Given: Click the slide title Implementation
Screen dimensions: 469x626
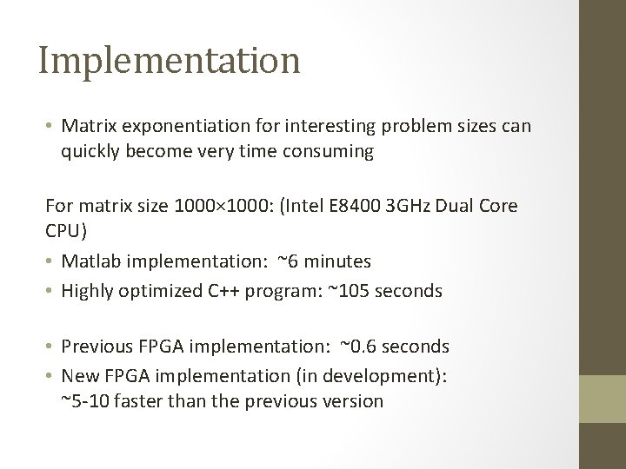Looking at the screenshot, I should coord(170,61).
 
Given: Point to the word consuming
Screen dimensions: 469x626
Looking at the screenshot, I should coord(331,153).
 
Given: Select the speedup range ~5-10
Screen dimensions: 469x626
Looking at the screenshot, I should coord(88,400).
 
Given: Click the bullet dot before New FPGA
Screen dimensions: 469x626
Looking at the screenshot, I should coord(50,374).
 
